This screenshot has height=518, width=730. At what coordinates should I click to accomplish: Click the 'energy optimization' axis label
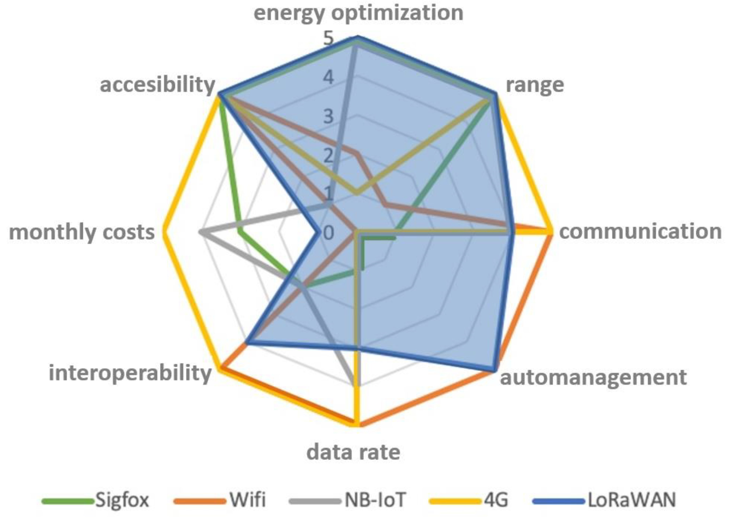pos(358,13)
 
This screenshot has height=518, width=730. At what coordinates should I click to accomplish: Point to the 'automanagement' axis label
pos(593,377)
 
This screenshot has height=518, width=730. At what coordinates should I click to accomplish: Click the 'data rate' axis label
pos(353,452)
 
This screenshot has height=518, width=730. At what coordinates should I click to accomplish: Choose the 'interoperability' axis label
pos(130,373)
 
